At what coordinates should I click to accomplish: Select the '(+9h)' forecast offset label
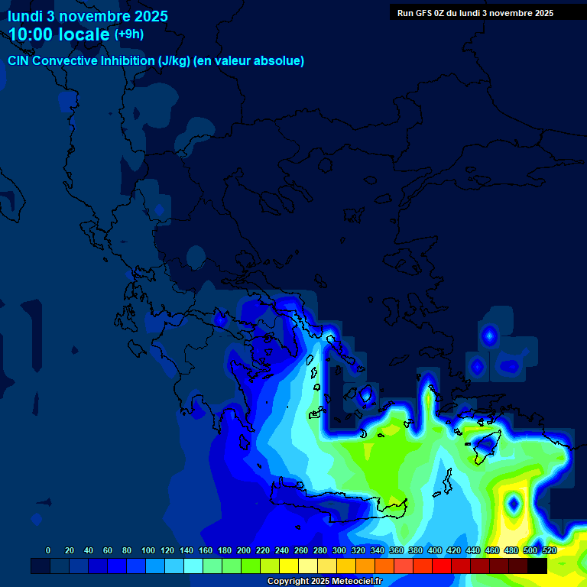(x=128, y=34)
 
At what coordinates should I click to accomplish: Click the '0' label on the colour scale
(x=48, y=550)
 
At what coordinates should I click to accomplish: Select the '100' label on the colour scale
(x=148, y=550)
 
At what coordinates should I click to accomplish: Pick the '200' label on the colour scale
(x=244, y=550)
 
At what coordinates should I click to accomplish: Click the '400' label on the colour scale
(x=434, y=550)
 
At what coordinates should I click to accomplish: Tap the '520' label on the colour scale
(x=549, y=550)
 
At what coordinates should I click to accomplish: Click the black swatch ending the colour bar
(x=537, y=566)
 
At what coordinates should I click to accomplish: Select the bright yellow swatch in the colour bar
(x=289, y=566)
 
